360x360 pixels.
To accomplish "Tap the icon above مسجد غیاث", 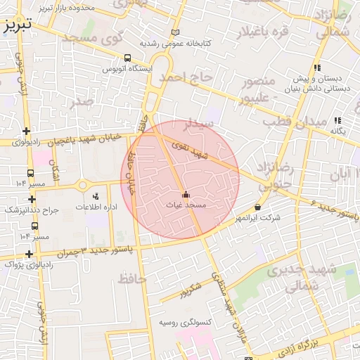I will point(186,195).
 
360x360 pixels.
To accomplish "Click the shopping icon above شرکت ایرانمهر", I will point(258,207).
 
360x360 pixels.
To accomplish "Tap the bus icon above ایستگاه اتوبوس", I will point(127,58).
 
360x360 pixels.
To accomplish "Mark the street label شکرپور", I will point(191,289).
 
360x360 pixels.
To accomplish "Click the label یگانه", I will point(338,131).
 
